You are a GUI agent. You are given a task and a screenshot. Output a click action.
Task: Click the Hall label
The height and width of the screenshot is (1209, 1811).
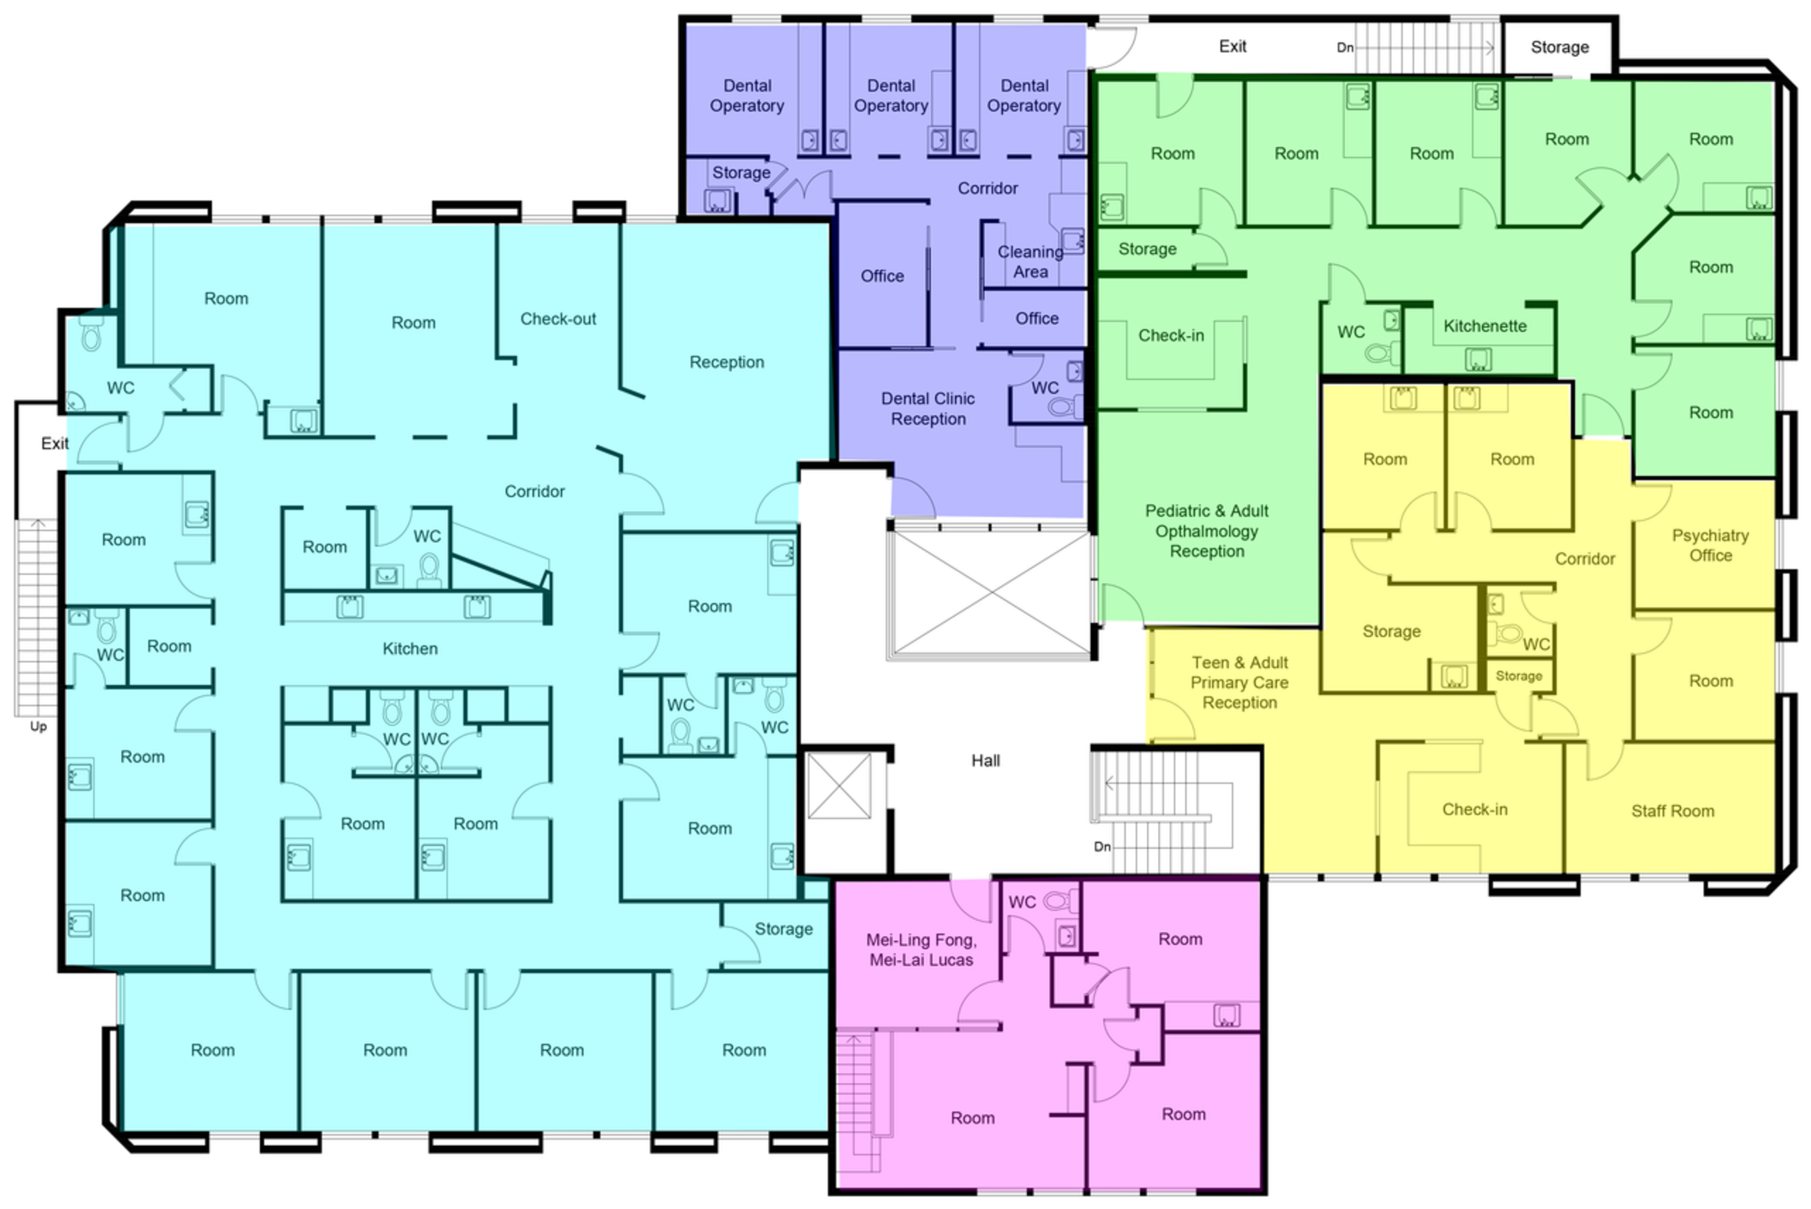tap(985, 761)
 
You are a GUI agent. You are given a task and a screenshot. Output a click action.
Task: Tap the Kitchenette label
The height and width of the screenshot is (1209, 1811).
tap(1485, 326)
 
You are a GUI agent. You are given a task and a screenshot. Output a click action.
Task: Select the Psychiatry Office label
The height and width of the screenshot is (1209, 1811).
tap(1710, 545)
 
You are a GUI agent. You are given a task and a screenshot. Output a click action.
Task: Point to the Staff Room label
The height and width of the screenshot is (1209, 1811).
tap(1673, 811)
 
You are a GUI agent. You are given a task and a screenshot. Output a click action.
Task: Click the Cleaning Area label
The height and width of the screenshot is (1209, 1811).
tap(1030, 261)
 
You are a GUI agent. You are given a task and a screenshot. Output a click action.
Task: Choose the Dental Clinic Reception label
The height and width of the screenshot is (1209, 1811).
tap(928, 409)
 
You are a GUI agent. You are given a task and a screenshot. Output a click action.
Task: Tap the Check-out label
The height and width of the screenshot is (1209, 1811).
tap(558, 319)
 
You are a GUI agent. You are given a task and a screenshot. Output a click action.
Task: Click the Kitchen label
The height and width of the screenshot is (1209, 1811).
tap(410, 649)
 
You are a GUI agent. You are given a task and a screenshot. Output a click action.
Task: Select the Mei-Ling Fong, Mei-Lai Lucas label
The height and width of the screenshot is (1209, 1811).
tap(921, 950)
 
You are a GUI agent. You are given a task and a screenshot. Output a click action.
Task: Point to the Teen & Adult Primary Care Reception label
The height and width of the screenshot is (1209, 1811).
tap(1240, 682)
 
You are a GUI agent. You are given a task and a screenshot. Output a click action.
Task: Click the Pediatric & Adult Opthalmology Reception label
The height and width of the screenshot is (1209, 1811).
tap(1206, 531)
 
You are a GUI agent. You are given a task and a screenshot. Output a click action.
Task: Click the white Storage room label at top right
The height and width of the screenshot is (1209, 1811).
tap(1560, 48)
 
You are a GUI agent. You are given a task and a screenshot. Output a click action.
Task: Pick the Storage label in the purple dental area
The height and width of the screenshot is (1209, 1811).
tap(741, 173)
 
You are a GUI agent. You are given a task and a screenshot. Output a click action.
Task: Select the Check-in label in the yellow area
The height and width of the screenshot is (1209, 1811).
tap(1475, 809)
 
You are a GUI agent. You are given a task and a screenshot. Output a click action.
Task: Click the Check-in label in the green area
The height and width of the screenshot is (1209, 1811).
tap(1171, 335)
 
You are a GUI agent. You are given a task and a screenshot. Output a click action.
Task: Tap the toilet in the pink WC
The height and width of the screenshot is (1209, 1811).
tap(1061, 900)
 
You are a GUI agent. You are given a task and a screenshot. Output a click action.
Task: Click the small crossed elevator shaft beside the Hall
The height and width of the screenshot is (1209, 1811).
tap(839, 786)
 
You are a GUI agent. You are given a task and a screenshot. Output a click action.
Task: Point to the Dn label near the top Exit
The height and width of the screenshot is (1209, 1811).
tap(1346, 48)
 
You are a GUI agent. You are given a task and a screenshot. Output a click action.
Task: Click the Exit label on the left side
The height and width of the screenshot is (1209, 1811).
tap(54, 443)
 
